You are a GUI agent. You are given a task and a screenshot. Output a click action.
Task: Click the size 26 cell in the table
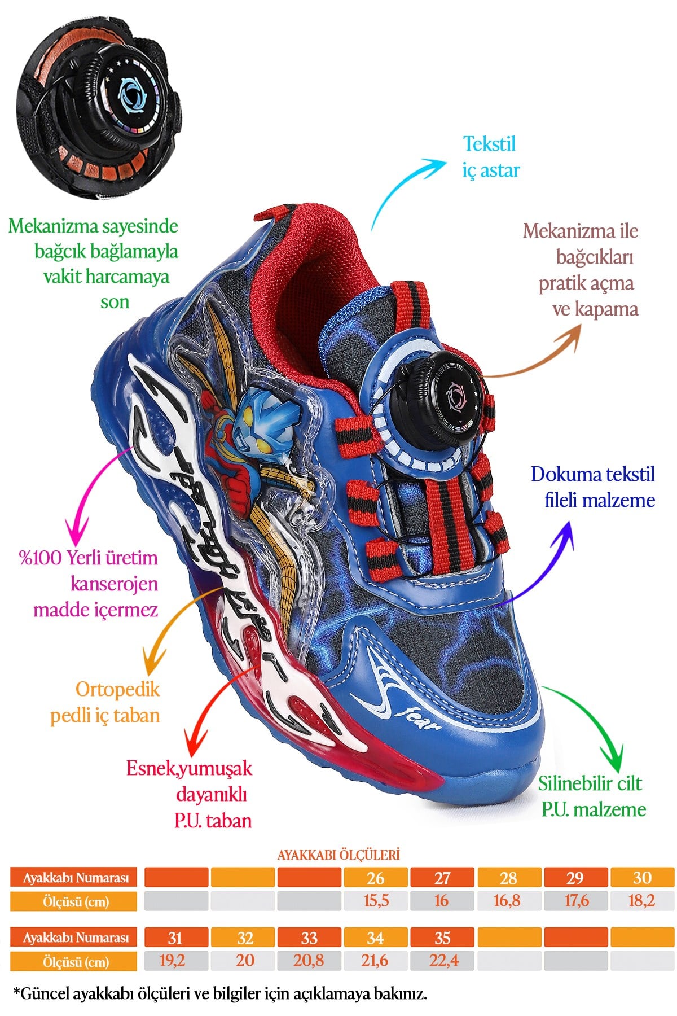[x=375, y=878]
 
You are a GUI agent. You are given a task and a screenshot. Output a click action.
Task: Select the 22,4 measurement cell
[x=443, y=960]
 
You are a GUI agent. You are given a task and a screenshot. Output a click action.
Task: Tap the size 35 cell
[x=442, y=938]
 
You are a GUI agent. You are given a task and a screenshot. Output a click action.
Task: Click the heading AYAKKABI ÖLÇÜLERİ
[x=338, y=855]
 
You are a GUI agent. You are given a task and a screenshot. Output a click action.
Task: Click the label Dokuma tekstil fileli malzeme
[x=593, y=487]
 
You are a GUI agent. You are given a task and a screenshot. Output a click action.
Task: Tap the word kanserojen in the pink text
[x=114, y=584]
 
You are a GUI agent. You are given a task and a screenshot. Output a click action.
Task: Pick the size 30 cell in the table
[x=642, y=878]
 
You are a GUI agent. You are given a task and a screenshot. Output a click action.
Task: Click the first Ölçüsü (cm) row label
[x=74, y=901]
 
